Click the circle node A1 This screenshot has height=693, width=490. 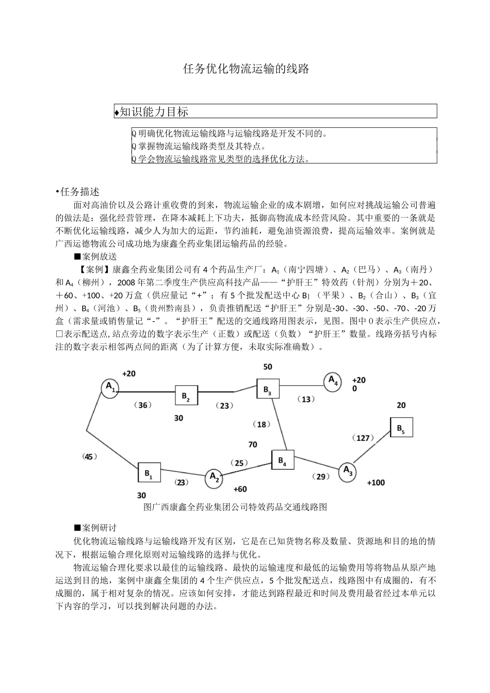[110, 388]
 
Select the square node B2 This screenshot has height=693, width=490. [186, 395]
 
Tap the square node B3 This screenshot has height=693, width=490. [268, 389]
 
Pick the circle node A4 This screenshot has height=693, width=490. [333, 382]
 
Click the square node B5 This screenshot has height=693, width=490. [401, 427]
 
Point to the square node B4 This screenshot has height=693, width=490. [282, 460]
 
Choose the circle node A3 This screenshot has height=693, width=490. [348, 471]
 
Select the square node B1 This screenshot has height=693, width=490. [149, 472]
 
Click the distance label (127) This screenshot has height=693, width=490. [363, 438]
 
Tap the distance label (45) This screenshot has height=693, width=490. [90, 456]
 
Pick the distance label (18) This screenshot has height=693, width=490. [262, 424]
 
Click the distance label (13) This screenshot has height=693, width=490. [306, 399]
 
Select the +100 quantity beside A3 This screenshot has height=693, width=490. [375, 483]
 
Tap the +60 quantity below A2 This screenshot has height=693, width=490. [240, 489]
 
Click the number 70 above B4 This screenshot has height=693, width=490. [252, 444]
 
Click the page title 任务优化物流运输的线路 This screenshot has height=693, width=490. [246, 69]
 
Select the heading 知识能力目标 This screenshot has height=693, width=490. [153, 111]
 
